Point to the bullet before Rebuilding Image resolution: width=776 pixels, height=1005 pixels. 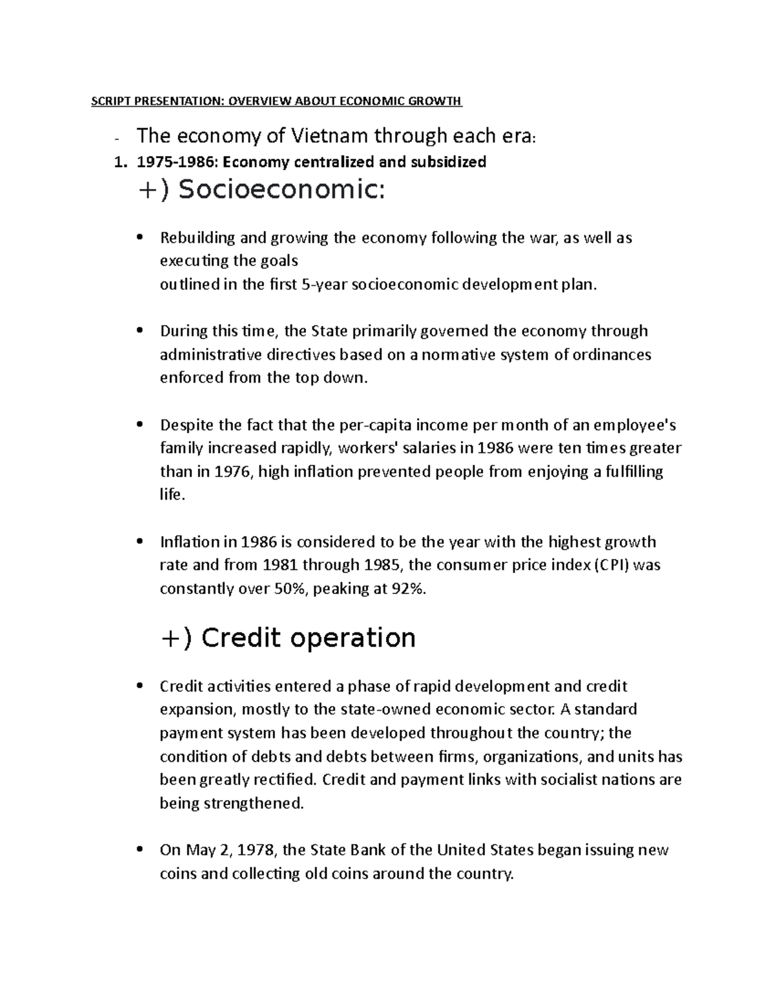coord(140,237)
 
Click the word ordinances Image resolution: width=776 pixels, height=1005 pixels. coord(614,355)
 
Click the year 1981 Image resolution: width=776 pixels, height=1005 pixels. coord(280,565)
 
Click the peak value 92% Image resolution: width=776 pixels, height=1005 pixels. coord(409,589)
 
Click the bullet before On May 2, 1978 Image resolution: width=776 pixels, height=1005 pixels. coord(140,850)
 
